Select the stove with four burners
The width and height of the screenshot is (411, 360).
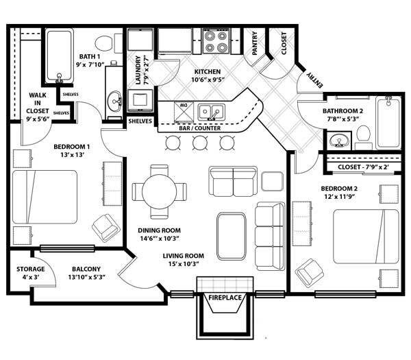pyautogui.click(x=217, y=41)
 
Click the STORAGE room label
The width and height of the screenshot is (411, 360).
pyautogui.click(x=31, y=269)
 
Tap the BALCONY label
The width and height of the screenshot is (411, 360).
pyautogui.click(x=86, y=269)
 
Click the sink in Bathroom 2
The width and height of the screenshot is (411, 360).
pyautogui.click(x=336, y=142)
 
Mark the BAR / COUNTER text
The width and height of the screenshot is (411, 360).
pyautogui.click(x=199, y=128)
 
